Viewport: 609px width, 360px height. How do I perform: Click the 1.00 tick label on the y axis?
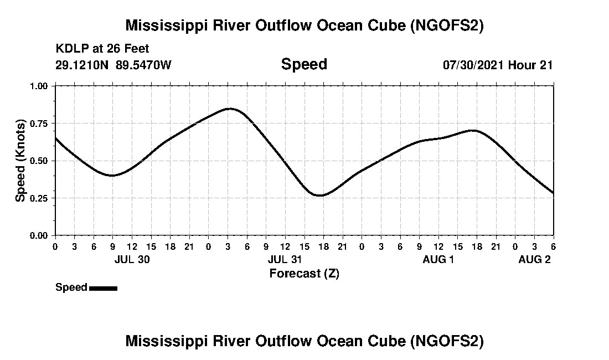pyautogui.click(x=39, y=86)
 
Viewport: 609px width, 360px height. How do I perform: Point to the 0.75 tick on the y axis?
pyautogui.click(x=39, y=123)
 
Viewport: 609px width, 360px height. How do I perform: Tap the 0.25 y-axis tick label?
pyautogui.click(x=39, y=198)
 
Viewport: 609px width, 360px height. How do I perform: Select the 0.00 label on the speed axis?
pyautogui.click(x=39, y=235)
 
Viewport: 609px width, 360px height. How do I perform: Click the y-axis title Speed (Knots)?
pyautogui.click(x=20, y=161)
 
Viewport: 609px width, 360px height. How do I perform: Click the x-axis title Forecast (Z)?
pyautogui.click(x=304, y=273)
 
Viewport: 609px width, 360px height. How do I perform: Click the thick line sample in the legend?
pyautogui.click(x=103, y=288)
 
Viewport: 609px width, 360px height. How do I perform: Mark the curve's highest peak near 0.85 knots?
pyautogui.click(x=229, y=109)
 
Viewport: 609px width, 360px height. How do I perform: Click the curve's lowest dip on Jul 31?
pyautogui.click(x=319, y=196)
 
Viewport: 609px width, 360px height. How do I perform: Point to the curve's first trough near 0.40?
pyautogui.click(x=112, y=176)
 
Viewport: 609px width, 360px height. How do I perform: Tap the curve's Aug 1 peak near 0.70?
pyautogui.click(x=472, y=130)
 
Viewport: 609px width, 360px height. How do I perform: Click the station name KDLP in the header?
pyautogui.click(x=69, y=49)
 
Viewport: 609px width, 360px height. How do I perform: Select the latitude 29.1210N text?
pyautogui.click(x=83, y=65)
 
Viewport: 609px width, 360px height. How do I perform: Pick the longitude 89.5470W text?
pyautogui.click(x=144, y=65)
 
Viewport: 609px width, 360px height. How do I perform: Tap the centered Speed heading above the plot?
pyautogui.click(x=304, y=64)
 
